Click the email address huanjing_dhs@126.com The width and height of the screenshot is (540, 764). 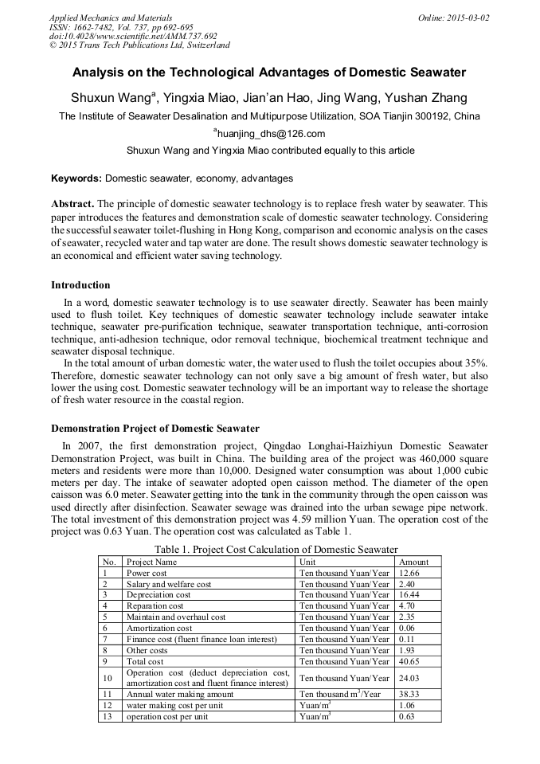click(x=271, y=134)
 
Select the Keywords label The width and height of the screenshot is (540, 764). click(x=76, y=178)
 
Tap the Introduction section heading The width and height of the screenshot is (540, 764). click(x=80, y=285)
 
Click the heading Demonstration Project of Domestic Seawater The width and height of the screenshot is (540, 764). click(x=155, y=429)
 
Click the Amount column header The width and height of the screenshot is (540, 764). click(x=413, y=562)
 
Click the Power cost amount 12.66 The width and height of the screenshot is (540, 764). click(x=409, y=573)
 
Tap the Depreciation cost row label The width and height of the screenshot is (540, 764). click(x=158, y=595)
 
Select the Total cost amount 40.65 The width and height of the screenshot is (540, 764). click(x=409, y=661)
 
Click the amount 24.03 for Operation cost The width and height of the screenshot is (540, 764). click(x=409, y=678)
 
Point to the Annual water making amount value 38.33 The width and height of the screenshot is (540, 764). click(x=409, y=695)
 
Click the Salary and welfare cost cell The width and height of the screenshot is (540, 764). click(x=169, y=584)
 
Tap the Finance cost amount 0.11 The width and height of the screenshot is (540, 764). click(x=407, y=639)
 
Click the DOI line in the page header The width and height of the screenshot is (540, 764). click(x=133, y=36)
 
